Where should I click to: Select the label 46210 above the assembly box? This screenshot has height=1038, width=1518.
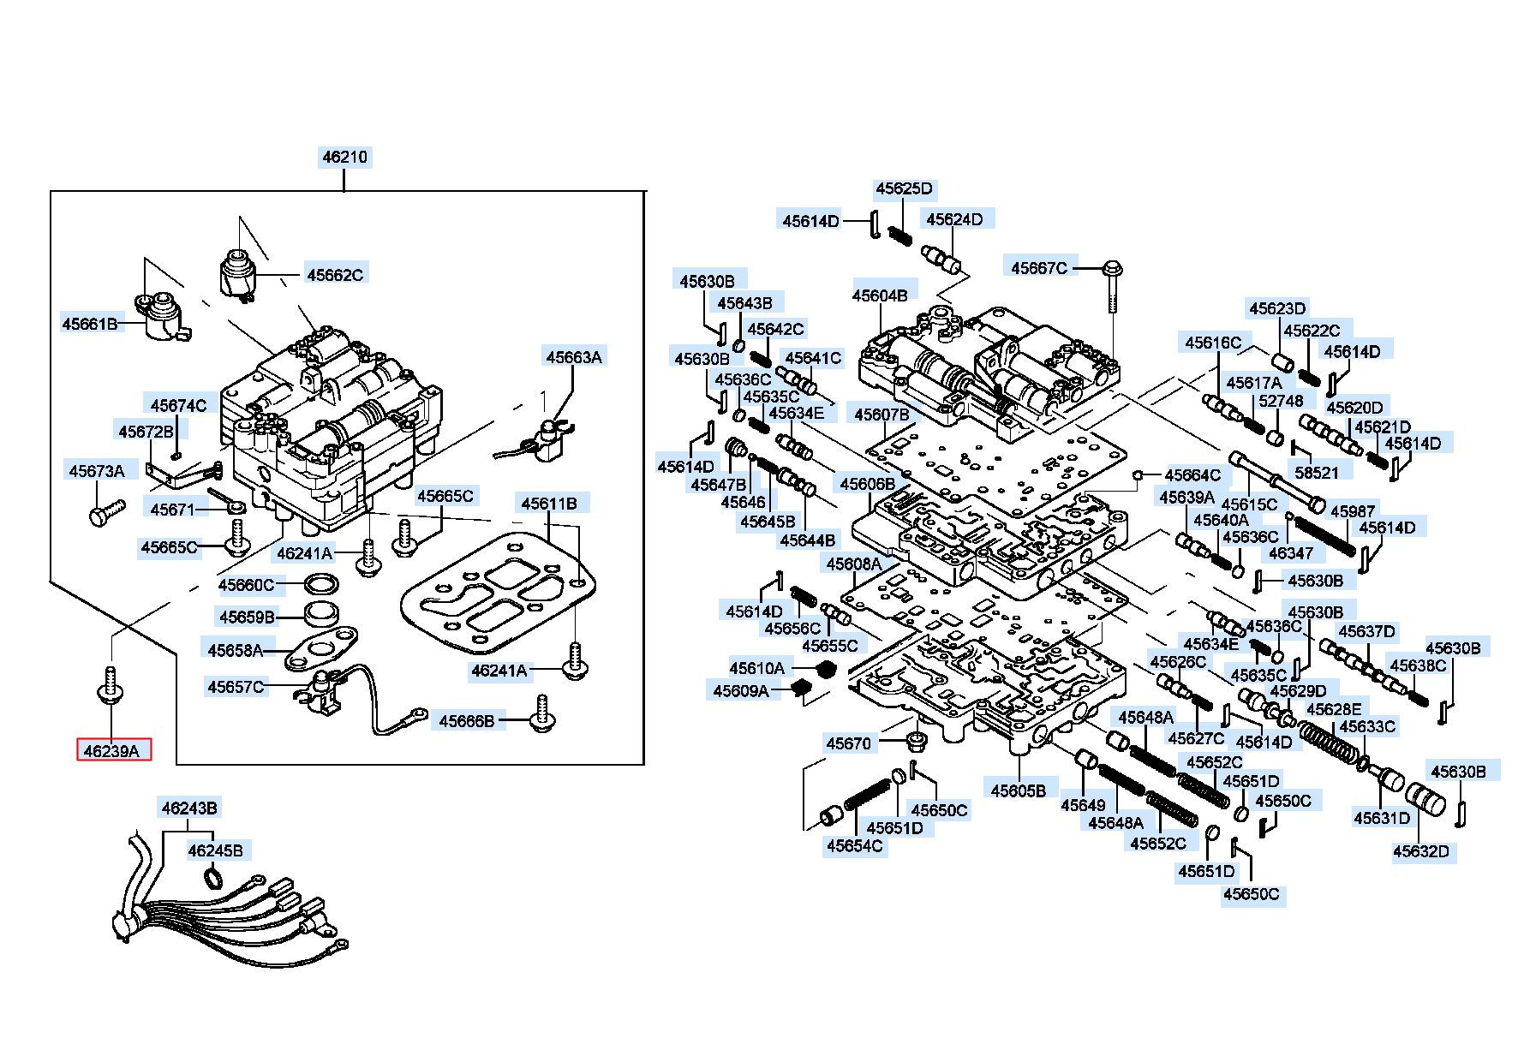point(344,157)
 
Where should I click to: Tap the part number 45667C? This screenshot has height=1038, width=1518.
point(1039,268)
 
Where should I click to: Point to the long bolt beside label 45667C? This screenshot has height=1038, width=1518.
point(1113,292)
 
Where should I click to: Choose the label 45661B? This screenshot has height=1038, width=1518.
point(89,324)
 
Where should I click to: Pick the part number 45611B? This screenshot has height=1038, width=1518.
point(549,504)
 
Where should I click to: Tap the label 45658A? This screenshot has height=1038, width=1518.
point(235,650)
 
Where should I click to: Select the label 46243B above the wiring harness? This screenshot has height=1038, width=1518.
point(189,808)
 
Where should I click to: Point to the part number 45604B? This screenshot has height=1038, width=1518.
point(880,295)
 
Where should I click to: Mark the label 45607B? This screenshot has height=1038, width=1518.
point(882,415)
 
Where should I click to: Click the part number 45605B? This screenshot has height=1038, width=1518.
point(1019,790)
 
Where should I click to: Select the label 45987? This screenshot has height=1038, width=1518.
point(1352,511)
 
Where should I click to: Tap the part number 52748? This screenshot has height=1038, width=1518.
point(1281,402)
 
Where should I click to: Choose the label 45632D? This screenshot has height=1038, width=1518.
point(1420,851)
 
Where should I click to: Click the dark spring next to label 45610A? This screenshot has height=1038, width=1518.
point(824,668)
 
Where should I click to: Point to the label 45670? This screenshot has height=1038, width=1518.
point(848,743)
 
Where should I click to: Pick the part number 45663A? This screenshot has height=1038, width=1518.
point(574,357)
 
